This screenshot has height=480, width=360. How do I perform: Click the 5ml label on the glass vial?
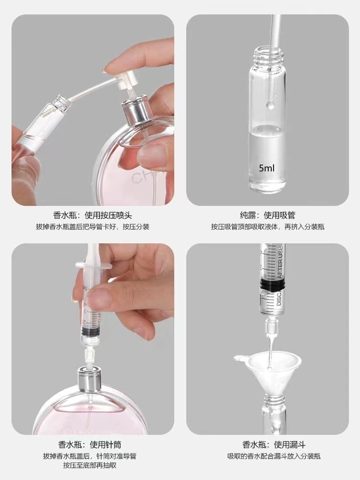[266, 168]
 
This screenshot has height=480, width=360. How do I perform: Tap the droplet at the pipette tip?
[270, 105]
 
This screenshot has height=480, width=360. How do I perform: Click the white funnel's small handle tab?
[240, 358]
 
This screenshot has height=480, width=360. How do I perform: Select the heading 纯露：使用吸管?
[267, 215]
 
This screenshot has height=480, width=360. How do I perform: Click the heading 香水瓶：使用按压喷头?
[93, 215]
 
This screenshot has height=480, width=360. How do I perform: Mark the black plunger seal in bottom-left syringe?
[90, 333]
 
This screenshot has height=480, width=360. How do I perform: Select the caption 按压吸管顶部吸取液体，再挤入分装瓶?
[267, 227]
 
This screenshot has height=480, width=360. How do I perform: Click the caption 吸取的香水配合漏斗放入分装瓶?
[274, 456]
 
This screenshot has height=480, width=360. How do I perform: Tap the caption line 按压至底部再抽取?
[90, 466]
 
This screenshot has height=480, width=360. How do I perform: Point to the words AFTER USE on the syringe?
[280, 262]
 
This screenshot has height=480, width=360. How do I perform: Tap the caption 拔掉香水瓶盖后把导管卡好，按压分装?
[93, 227]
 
